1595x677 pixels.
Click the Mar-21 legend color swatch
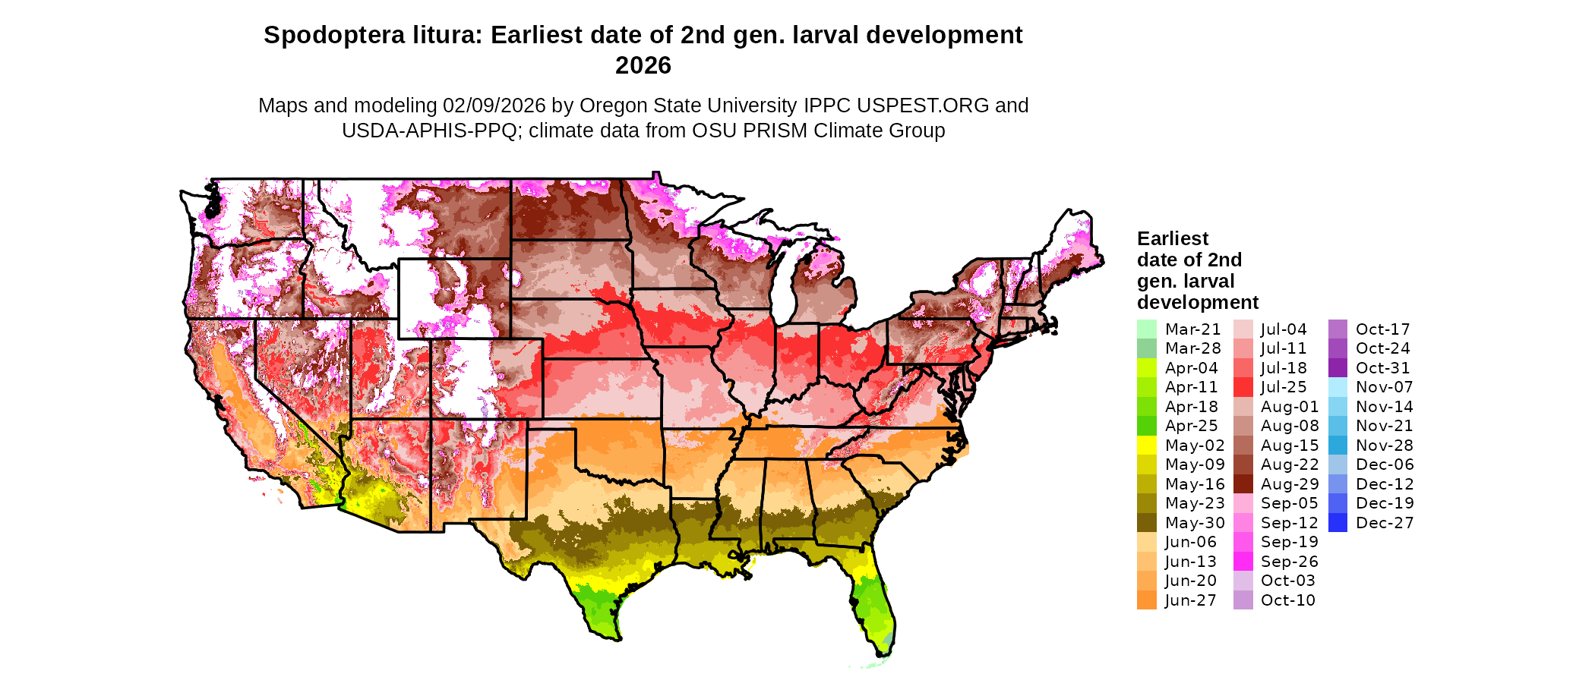click(1146, 329)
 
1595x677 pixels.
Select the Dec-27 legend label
click(1384, 523)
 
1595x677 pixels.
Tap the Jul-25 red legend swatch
click(1243, 387)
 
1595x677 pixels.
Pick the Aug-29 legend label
click(1290, 484)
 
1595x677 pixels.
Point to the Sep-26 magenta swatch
click(1243, 562)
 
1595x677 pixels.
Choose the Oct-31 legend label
click(1382, 368)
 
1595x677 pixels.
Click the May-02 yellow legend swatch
click(1146, 446)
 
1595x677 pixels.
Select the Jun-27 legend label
click(1190, 600)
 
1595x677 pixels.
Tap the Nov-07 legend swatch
click(1338, 387)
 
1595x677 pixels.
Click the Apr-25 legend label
click(1191, 426)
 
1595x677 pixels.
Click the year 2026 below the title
click(643, 66)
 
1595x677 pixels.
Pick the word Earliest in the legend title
click(1172, 239)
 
